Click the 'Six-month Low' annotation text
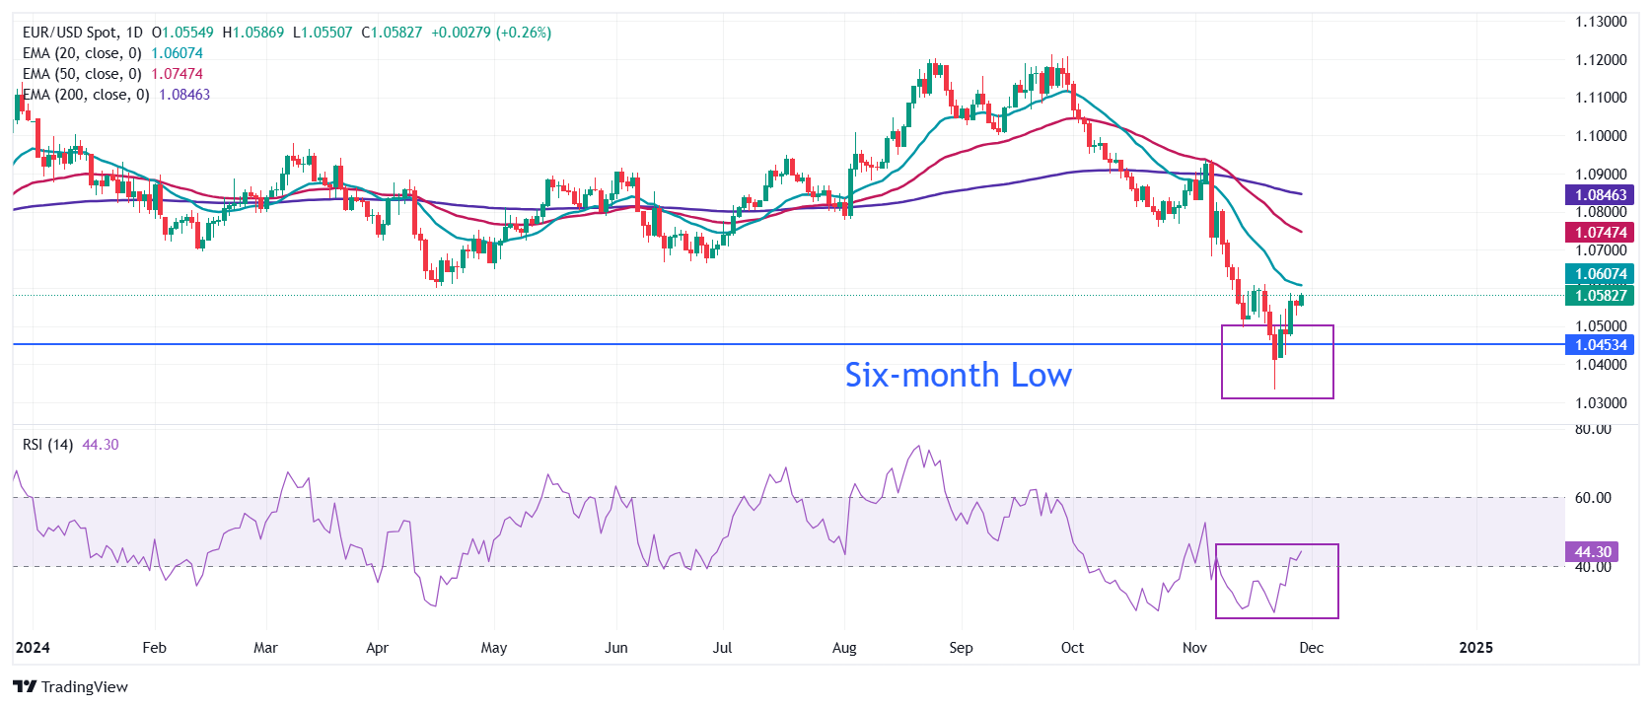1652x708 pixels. point(958,375)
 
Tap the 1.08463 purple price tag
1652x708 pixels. point(1600,195)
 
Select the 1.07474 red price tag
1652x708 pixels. point(1600,233)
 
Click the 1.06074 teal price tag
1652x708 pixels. point(1600,274)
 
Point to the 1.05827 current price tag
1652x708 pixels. point(1600,295)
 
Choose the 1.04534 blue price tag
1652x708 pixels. point(1600,344)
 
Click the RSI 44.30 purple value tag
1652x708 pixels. point(1592,552)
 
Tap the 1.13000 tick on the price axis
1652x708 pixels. point(1601,22)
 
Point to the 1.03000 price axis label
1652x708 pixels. point(1601,402)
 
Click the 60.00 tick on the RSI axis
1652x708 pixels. point(1593,498)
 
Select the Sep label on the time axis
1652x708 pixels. point(961,648)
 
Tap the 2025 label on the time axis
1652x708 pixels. point(1475,648)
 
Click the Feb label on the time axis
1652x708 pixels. point(154,648)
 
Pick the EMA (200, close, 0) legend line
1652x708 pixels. point(87,95)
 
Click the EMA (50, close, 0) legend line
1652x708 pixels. point(83,74)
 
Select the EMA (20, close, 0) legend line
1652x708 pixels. point(83,53)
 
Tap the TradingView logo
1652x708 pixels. point(71,686)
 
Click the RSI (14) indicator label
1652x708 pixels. point(47,445)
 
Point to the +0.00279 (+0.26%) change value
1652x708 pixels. point(491,33)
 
